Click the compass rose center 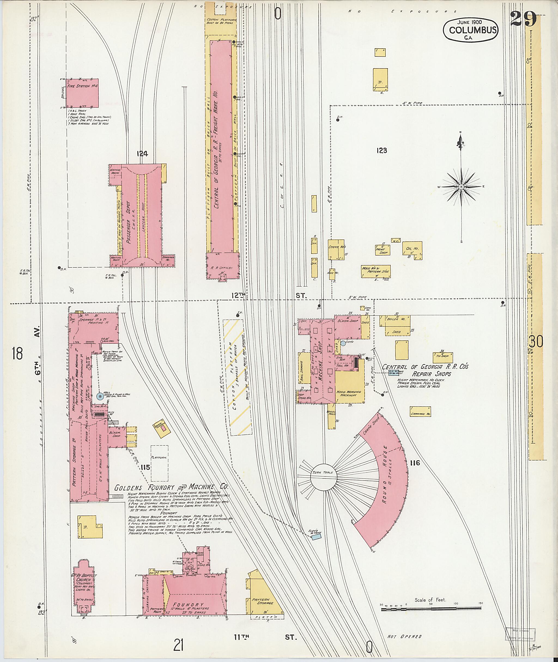(461, 187)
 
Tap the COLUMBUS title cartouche (470, 30)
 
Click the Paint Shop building (383, 250)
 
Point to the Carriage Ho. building (420, 411)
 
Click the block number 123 (382, 151)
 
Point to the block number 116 (415, 463)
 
